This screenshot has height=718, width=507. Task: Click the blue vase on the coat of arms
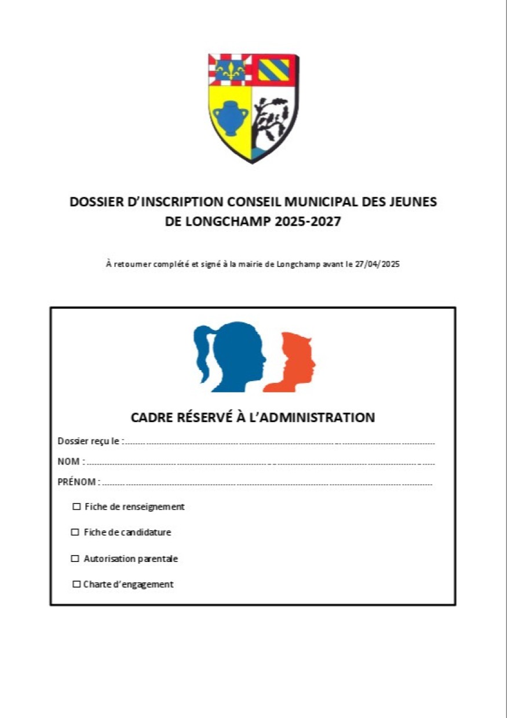pyautogui.click(x=230, y=119)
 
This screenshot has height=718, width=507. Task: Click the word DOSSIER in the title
pyautogui.click(x=96, y=202)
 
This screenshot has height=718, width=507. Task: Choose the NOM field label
pyautogui.click(x=70, y=462)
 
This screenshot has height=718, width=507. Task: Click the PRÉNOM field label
pyautogui.click(x=78, y=481)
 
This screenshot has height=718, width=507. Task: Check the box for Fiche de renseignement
pyautogui.click(x=76, y=507)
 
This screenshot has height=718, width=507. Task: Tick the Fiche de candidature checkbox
pyautogui.click(x=75, y=532)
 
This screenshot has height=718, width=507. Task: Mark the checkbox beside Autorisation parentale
pyautogui.click(x=75, y=559)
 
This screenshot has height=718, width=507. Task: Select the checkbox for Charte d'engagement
pyautogui.click(x=76, y=585)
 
